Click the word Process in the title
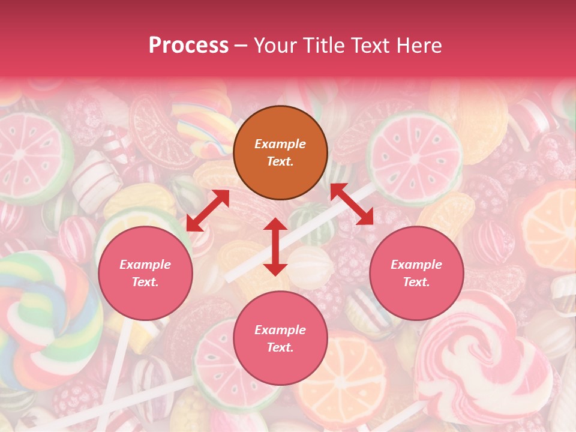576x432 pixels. tap(188, 46)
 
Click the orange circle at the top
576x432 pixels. tap(280, 152)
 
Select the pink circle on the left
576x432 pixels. tap(145, 273)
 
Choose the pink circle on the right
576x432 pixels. tap(416, 273)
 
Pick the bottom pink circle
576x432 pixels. tap(280, 338)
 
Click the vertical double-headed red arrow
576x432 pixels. tap(275, 247)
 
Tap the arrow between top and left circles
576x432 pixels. tap(208, 211)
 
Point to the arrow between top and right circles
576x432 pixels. tap(352, 204)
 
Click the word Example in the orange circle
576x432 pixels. tap(280, 144)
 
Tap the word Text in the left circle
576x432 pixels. tap(145, 282)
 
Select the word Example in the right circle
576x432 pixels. tap(416, 265)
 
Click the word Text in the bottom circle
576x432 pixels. tap(280, 347)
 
